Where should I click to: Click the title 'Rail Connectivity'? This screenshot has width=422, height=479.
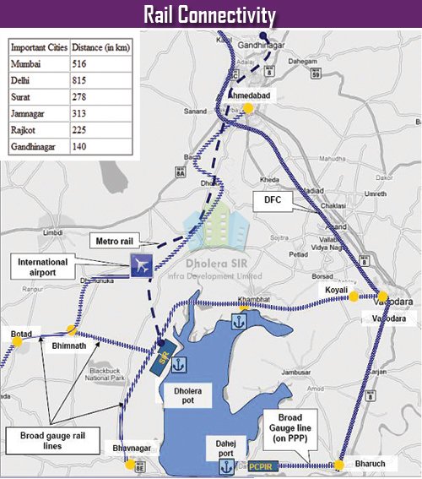coord(210,15)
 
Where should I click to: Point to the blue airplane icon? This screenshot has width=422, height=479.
coord(141,264)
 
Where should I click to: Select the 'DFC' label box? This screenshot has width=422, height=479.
coord(265,201)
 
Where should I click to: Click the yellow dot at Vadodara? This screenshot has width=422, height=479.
coord(382,297)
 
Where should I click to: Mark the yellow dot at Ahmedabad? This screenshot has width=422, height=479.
coord(249,108)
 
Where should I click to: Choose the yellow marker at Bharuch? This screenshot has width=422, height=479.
coord(338,465)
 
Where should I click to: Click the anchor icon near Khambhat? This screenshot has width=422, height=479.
coord(238,321)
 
